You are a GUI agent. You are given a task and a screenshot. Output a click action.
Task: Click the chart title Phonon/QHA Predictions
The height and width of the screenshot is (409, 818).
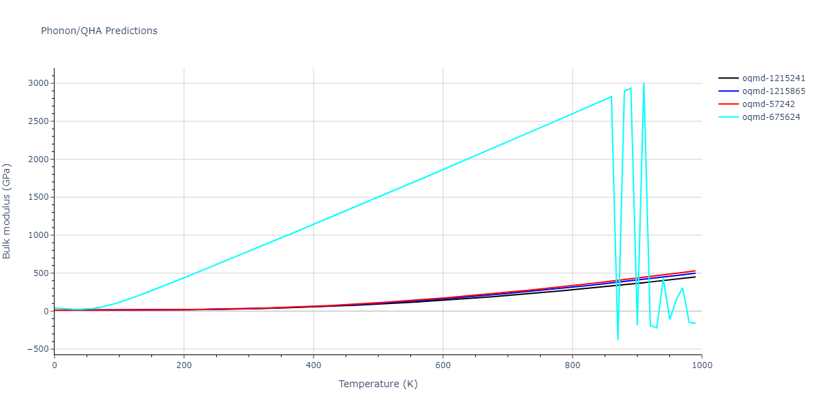(x=99, y=31)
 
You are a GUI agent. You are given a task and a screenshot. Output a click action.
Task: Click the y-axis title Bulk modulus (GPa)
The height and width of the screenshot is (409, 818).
(x=7, y=211)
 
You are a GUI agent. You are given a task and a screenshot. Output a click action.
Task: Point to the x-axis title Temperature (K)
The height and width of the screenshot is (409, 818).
(x=378, y=384)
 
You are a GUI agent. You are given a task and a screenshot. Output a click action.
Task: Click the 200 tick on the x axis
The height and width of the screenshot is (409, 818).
(x=183, y=365)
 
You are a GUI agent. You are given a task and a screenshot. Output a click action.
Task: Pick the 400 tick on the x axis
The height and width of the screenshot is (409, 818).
(x=313, y=365)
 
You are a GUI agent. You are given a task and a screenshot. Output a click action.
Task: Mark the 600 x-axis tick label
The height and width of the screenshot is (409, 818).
(x=442, y=365)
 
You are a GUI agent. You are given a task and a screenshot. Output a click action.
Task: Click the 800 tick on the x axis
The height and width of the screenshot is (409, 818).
(x=572, y=365)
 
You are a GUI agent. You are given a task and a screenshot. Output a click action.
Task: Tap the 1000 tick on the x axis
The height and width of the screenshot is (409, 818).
(x=701, y=365)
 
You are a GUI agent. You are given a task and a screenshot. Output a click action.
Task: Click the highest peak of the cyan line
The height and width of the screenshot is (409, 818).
(x=643, y=83)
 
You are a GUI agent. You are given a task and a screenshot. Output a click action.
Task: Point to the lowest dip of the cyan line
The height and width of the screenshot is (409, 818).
(x=618, y=339)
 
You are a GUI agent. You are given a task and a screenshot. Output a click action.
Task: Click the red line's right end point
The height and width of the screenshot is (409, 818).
(x=695, y=271)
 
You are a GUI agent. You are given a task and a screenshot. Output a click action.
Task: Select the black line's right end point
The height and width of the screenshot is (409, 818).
(x=695, y=277)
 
